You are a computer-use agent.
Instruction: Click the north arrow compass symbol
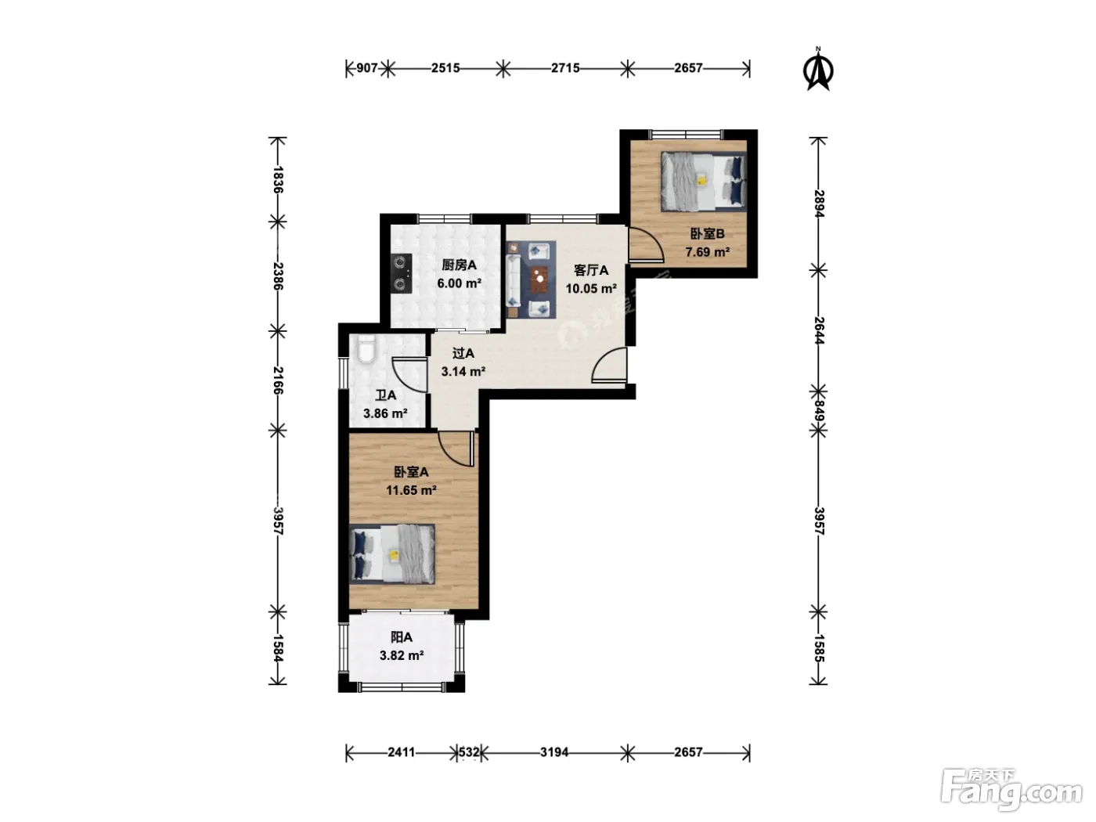[818, 70]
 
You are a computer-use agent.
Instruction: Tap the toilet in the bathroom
[366, 348]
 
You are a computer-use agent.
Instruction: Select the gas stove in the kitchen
[402, 273]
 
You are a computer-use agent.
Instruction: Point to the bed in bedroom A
[392, 554]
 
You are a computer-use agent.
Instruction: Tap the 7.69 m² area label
[707, 252]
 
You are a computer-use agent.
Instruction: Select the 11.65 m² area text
[411, 490]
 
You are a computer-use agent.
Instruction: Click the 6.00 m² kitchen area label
[459, 283]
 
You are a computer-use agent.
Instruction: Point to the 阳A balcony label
[402, 637]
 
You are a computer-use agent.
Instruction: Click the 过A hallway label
[463, 353]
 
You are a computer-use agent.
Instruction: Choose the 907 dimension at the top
[367, 68]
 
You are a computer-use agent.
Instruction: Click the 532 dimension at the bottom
[469, 752]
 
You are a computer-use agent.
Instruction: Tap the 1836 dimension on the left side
[278, 180]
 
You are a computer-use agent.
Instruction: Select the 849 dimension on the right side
[818, 411]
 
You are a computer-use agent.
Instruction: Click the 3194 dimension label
[554, 752]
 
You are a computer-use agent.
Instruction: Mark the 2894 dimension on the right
[818, 204]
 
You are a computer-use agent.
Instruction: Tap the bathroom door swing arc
[409, 374]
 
